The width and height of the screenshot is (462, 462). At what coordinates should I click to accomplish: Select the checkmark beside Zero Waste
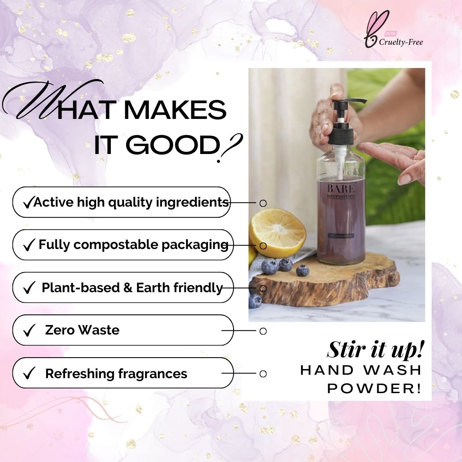29,331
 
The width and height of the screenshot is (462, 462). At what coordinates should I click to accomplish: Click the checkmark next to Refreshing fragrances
29,373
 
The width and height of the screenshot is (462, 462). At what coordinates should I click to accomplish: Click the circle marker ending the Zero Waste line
263,331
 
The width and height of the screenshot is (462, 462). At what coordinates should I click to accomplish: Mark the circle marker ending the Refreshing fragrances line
263,373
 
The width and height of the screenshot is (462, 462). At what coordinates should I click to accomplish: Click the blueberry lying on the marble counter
255,301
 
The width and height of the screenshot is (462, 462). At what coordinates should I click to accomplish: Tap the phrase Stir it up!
376,349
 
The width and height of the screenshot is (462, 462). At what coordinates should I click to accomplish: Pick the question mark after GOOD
229,148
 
